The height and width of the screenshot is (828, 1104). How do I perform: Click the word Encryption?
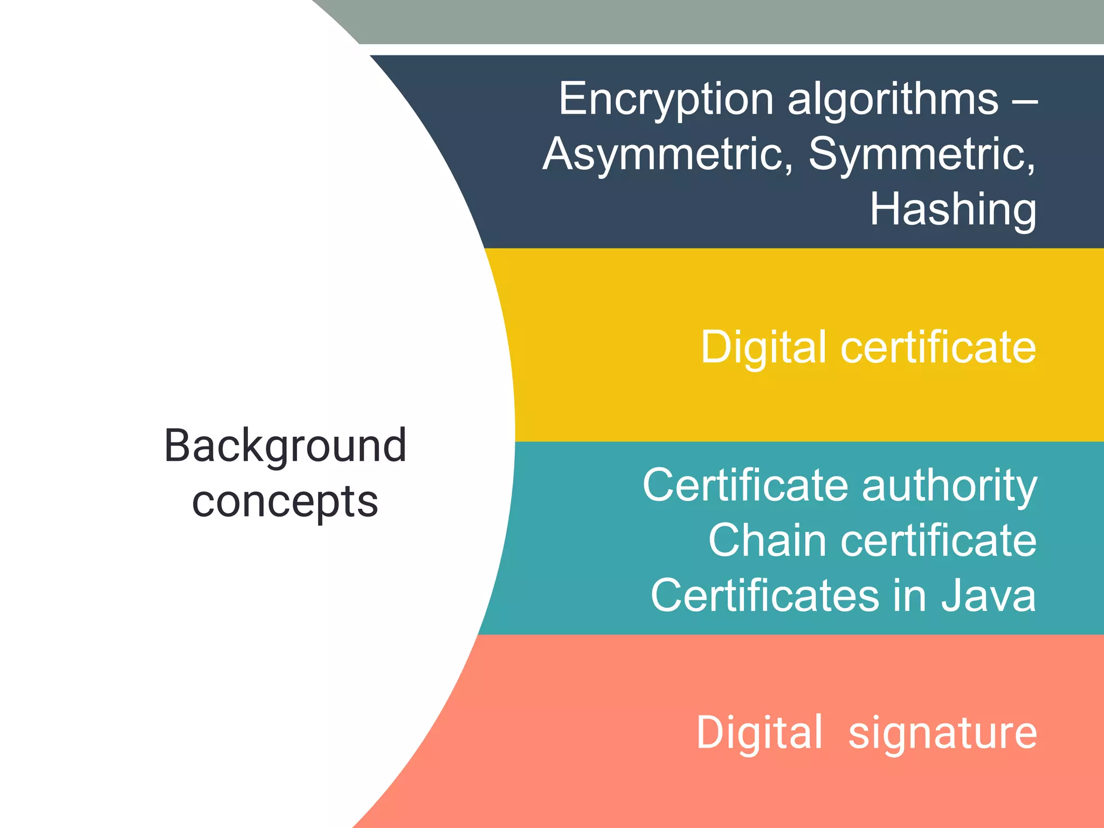tap(666, 100)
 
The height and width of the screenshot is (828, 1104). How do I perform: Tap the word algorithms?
tap(893, 100)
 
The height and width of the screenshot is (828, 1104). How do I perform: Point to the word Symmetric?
tap(921, 155)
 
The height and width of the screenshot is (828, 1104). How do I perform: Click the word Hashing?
tap(953, 210)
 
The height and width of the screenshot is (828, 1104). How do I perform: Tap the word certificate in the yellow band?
tap(938, 347)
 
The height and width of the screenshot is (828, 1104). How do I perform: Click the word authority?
tap(949, 486)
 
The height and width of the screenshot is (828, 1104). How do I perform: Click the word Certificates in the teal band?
tap(765, 596)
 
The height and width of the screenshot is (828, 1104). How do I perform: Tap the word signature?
tap(942, 733)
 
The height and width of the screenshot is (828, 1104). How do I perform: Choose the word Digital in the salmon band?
tap(760, 733)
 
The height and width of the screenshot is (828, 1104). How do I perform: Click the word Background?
tap(285, 446)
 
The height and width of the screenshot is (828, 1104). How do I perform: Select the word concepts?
tap(285, 502)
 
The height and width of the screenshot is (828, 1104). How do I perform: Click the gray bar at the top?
tap(728, 22)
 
